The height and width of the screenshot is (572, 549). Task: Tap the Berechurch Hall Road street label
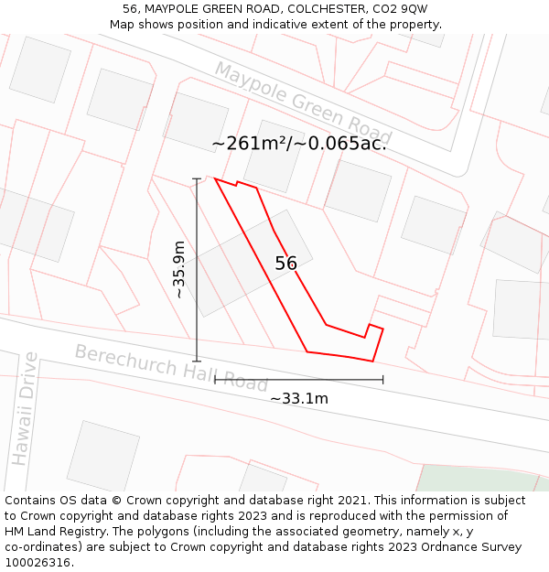[x=170, y=368]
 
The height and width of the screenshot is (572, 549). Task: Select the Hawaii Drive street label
[x=25, y=408]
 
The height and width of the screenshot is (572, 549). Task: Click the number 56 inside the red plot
[x=285, y=264]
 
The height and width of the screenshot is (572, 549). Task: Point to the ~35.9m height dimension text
[x=179, y=269]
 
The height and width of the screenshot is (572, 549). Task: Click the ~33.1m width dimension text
[x=298, y=398]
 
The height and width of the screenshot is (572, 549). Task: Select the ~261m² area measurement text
[x=298, y=144]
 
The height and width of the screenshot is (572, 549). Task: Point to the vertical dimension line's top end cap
[x=197, y=178]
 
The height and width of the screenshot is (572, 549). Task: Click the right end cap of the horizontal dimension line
[x=382, y=380]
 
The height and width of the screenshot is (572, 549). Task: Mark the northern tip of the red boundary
[x=215, y=178]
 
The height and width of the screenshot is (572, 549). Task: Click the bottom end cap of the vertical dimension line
[x=197, y=361]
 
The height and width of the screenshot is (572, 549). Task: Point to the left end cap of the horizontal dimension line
[x=215, y=380]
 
